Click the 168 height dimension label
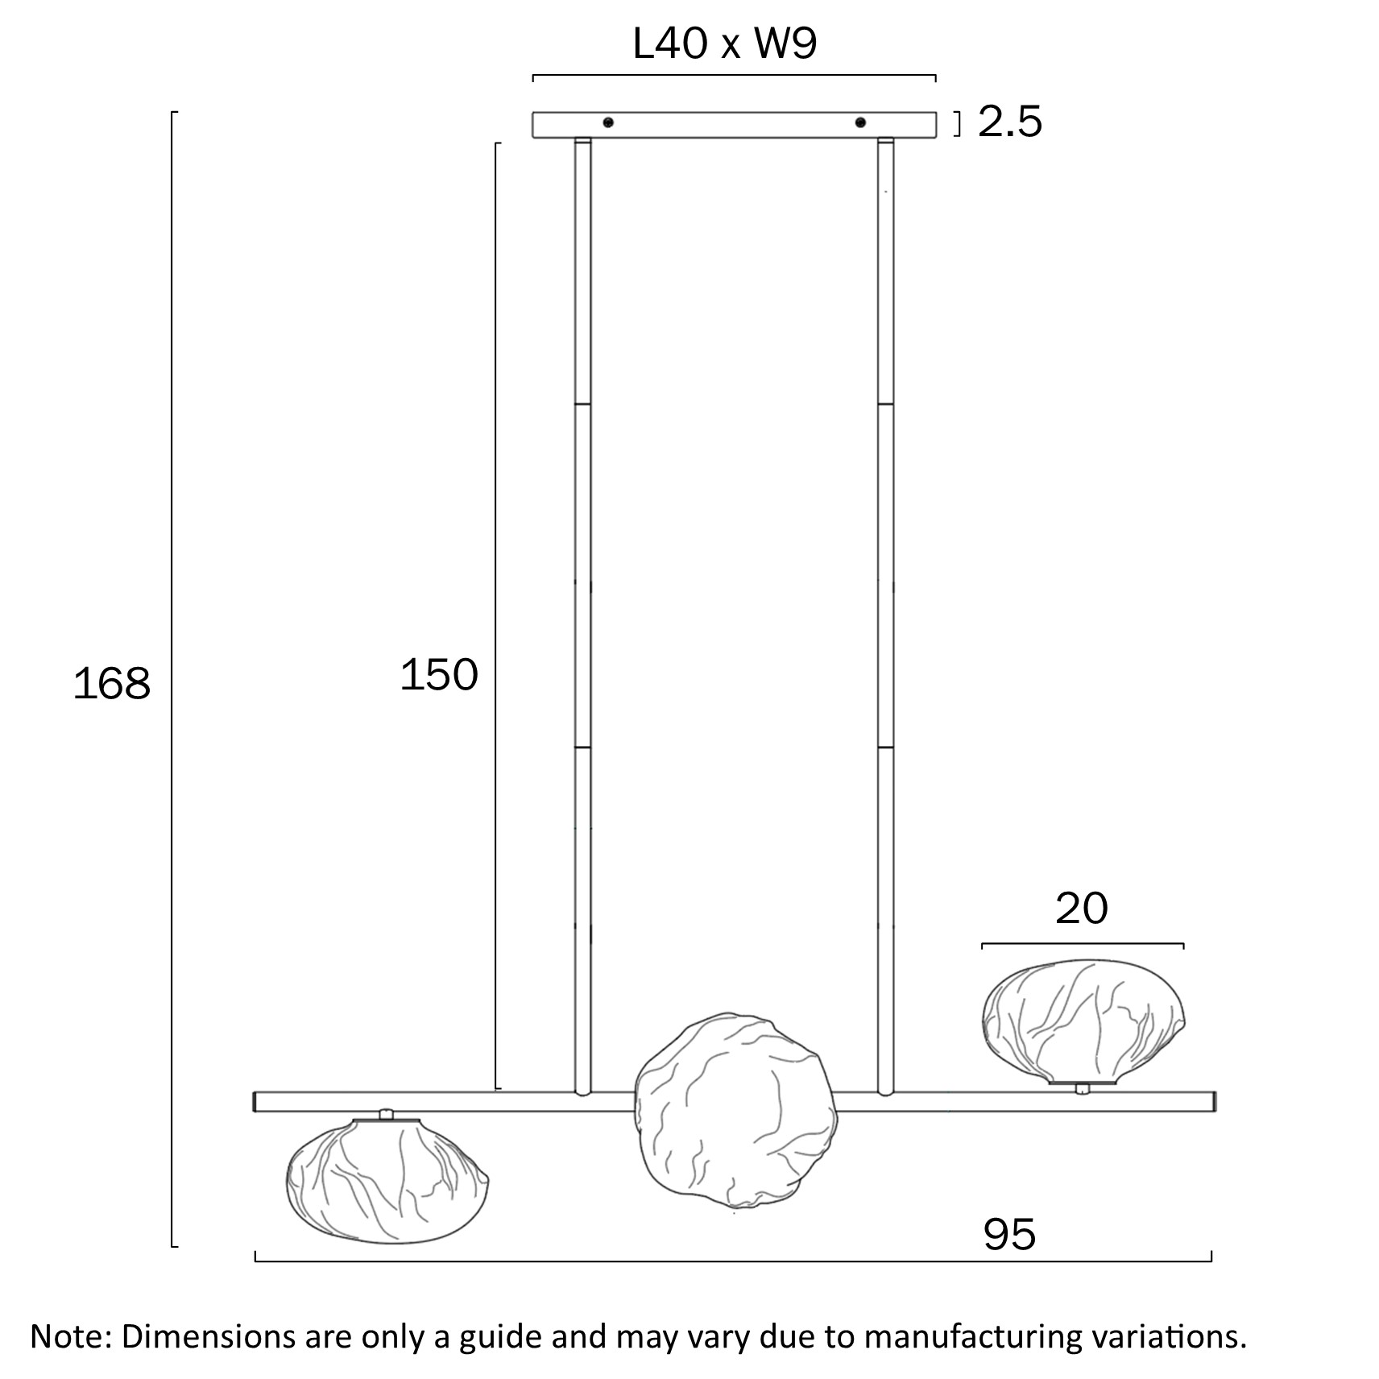click(x=111, y=683)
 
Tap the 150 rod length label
click(x=439, y=674)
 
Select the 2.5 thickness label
click(x=1010, y=122)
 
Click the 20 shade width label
click(x=1082, y=908)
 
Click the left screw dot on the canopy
click(x=608, y=122)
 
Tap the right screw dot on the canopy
click(x=860, y=122)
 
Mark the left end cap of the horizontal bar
click(x=256, y=1101)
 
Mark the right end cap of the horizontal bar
click(x=1213, y=1101)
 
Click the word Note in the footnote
click(x=68, y=1336)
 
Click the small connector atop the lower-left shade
click(x=387, y=1114)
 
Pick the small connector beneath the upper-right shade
click(x=1083, y=1089)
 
